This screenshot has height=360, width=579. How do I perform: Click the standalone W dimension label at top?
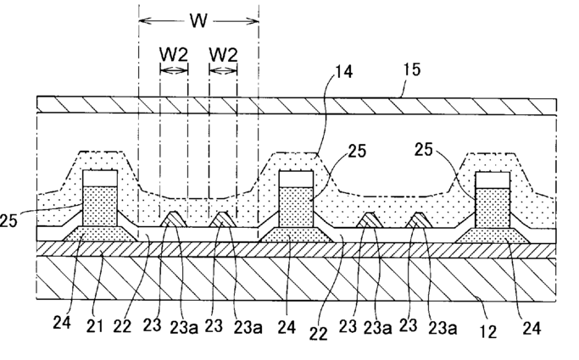coord(198,19)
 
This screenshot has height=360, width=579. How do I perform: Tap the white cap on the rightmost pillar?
coord(493,179)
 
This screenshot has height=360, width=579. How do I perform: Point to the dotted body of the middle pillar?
coord(296,208)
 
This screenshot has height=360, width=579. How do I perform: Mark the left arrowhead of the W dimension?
coord(142,19)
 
